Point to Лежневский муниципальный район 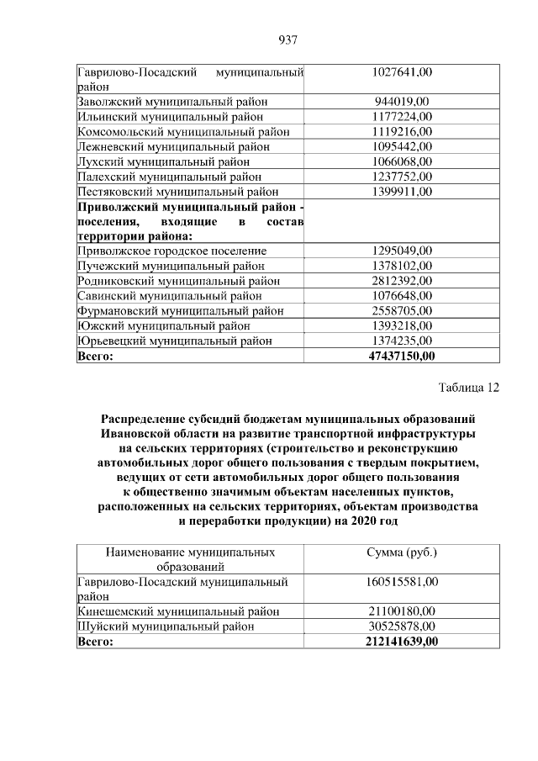point(174,146)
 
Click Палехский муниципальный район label point(169,177)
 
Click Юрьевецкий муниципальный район point(175,341)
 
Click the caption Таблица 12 point(468,388)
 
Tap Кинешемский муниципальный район point(177,611)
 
